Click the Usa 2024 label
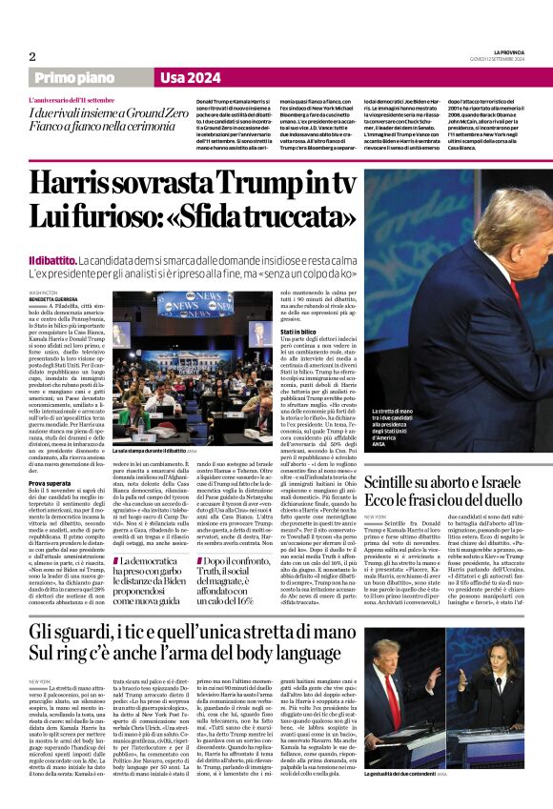pos(192,77)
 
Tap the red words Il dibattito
pos(51,260)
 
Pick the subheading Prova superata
pos(52,482)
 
